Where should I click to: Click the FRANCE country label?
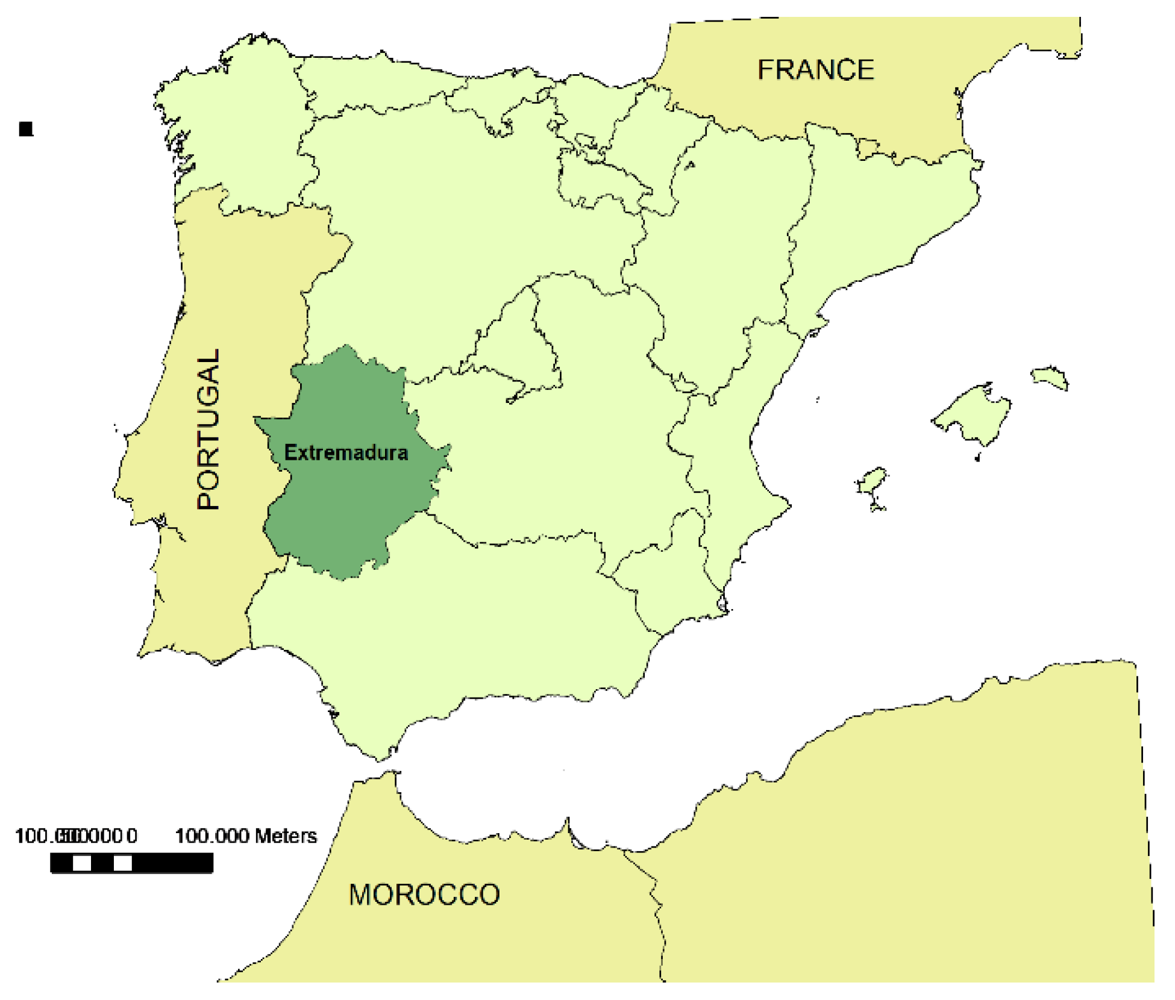(815, 70)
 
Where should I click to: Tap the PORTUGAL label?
(208, 429)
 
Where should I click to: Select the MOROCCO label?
(424, 895)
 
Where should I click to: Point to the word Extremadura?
(346, 452)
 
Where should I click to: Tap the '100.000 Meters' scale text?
(246, 836)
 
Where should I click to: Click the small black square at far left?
(26, 129)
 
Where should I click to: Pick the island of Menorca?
(1050, 378)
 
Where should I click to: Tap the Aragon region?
(735, 241)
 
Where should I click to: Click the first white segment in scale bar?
(82, 863)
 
